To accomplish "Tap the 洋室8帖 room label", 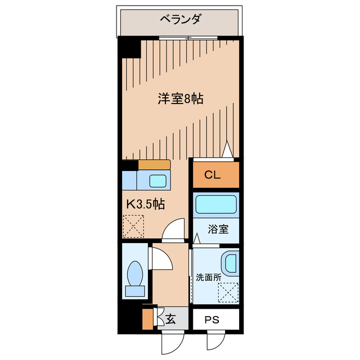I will pos(180,100).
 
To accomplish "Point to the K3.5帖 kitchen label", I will pos(144,205).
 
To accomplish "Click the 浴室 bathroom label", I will pos(218,230).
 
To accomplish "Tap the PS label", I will pos(211,320).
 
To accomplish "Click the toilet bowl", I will pos(135,274).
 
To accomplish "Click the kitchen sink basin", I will pos(157,181).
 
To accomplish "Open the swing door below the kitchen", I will pos(175,231).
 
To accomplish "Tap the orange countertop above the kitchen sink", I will pos(154,164).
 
